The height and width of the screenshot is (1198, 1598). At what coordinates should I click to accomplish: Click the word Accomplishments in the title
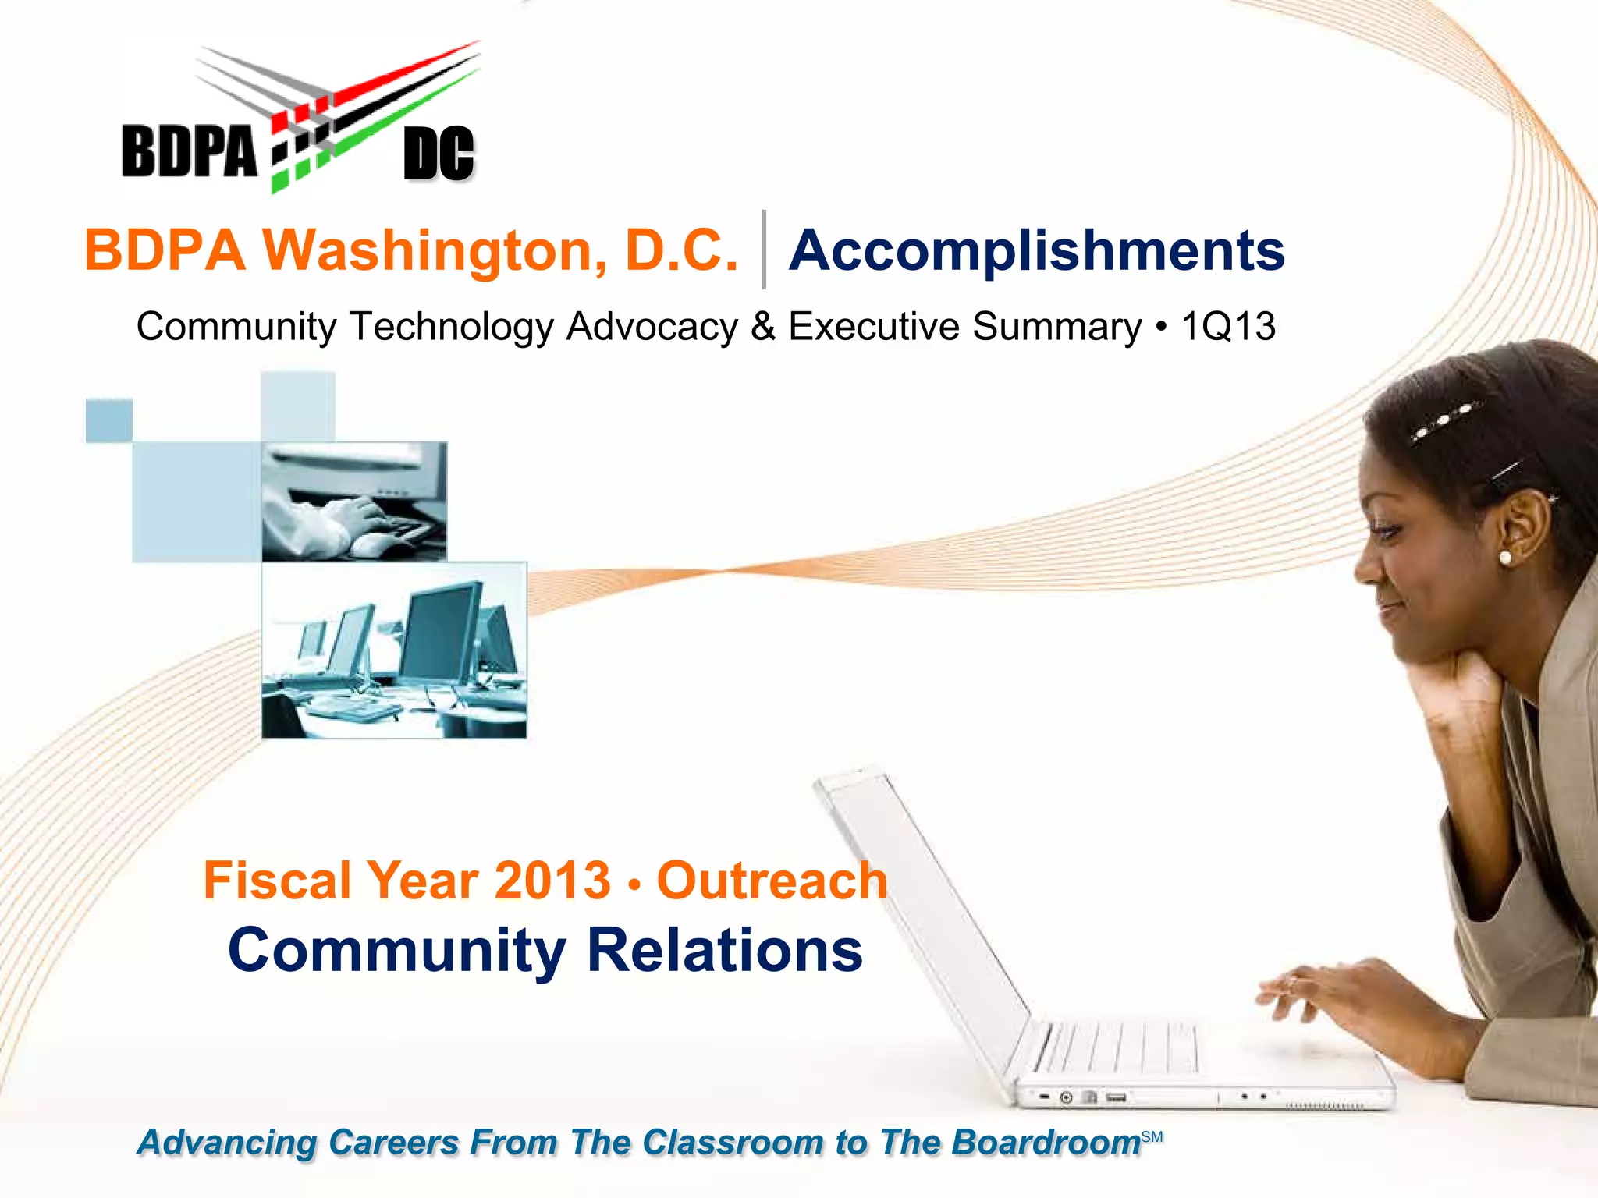click(x=1036, y=251)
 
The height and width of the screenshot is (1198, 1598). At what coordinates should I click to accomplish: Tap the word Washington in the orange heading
click(x=435, y=251)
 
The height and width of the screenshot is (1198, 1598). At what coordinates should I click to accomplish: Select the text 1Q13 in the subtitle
click(x=1228, y=326)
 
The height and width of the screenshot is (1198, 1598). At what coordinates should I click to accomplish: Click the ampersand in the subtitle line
click(x=763, y=326)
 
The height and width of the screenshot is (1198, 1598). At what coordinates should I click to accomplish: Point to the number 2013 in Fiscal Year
click(x=552, y=881)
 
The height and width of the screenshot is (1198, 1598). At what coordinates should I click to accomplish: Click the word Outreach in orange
click(x=772, y=881)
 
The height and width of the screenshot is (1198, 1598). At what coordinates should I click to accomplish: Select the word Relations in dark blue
click(x=725, y=951)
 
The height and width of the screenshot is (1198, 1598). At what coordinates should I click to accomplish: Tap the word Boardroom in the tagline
click(x=1046, y=1143)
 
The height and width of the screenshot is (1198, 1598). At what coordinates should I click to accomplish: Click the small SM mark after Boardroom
click(x=1152, y=1137)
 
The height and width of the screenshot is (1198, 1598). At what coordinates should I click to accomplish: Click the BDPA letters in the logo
click(x=189, y=151)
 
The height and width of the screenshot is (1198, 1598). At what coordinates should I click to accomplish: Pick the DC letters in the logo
click(x=439, y=154)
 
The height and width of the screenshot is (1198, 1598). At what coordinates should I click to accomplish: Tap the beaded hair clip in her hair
click(x=1444, y=421)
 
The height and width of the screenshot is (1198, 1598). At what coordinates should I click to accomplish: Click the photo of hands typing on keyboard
click(x=354, y=502)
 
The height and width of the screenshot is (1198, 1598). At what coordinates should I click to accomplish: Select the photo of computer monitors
click(x=394, y=650)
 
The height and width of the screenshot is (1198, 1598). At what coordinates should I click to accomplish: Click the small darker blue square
click(x=108, y=420)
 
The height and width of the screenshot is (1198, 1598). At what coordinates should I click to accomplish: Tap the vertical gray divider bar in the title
click(x=764, y=250)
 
